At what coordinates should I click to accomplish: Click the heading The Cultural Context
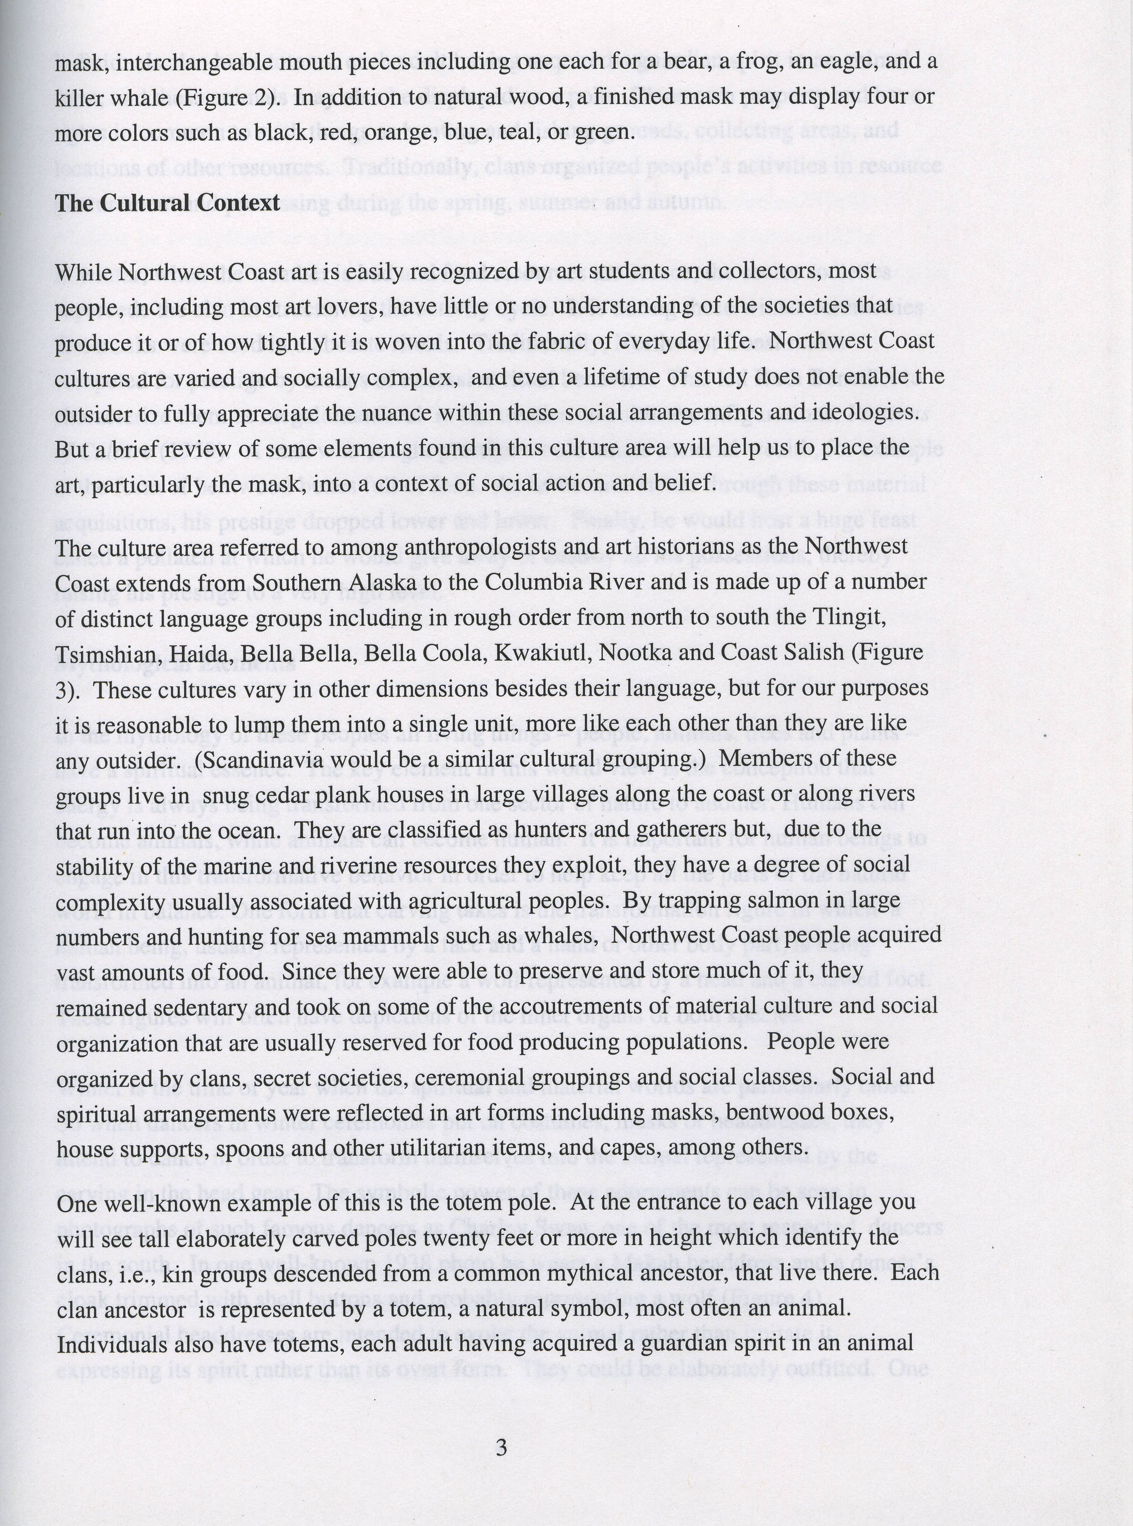click(167, 203)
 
